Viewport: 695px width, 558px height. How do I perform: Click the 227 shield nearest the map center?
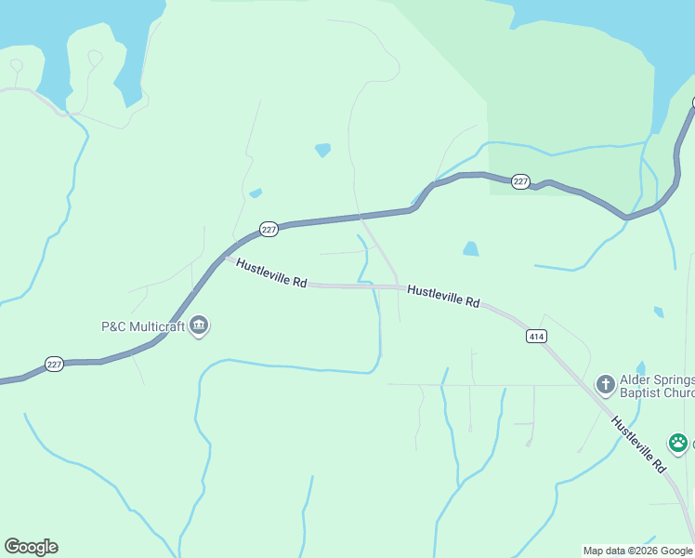pyautogui.click(x=269, y=229)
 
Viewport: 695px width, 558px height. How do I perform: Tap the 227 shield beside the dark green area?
pyautogui.click(x=520, y=182)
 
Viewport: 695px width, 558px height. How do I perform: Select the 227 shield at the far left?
pyautogui.click(x=54, y=365)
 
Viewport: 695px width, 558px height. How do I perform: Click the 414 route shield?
pyautogui.click(x=535, y=336)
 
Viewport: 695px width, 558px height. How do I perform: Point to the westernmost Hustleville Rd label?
pyautogui.click(x=271, y=272)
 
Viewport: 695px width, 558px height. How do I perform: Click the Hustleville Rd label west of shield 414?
pyautogui.click(x=443, y=296)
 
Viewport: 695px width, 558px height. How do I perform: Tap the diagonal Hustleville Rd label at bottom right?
pyautogui.click(x=640, y=444)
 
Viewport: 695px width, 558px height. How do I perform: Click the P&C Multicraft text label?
pyautogui.click(x=143, y=326)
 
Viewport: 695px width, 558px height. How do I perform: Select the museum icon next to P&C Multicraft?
pyautogui.click(x=199, y=326)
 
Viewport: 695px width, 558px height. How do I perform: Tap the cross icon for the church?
pyautogui.click(x=605, y=383)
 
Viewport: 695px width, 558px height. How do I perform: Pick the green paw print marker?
pyautogui.click(x=678, y=444)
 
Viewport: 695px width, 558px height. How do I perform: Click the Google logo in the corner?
pyautogui.click(x=31, y=547)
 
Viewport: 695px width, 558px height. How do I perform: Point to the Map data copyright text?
pyautogui.click(x=637, y=551)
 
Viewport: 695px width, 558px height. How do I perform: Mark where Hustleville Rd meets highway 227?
pyautogui.click(x=226, y=256)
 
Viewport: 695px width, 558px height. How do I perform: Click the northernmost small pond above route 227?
pyautogui.click(x=322, y=150)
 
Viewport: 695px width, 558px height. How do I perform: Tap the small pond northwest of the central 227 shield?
pyautogui.click(x=256, y=193)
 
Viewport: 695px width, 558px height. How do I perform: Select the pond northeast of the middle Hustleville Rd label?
pyautogui.click(x=471, y=248)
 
